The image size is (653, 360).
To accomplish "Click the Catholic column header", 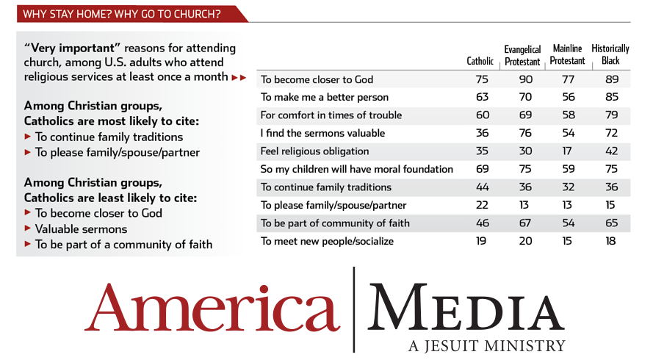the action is [480, 61].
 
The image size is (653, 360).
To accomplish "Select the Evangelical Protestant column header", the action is [522, 55].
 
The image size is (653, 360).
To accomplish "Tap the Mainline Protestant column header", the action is [567, 54].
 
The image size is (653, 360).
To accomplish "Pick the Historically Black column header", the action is [610, 54].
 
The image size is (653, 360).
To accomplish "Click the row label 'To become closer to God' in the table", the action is [317, 79].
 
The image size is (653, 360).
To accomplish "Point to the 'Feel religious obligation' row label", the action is [315, 151].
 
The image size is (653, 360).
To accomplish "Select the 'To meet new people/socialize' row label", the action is [327, 241].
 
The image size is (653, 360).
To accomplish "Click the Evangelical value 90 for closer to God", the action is [526, 79].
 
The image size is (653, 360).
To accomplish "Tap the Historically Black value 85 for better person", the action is [611, 97].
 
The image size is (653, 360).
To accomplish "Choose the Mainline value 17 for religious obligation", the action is [567, 151].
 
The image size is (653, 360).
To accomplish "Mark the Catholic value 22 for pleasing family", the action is [482, 205].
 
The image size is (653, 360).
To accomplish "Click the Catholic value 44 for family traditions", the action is [483, 187].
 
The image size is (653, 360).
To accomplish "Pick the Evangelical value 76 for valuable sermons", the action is [525, 133].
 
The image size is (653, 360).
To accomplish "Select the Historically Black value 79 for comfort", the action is [611, 115].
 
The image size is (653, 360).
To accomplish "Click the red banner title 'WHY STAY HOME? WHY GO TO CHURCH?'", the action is [122, 14].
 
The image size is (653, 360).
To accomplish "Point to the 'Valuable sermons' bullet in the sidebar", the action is [82, 228].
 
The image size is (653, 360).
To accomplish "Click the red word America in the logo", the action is [212, 309].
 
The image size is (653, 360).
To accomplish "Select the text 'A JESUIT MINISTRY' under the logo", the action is [486, 345].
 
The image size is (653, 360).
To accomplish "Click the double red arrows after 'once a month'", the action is [239, 77].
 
